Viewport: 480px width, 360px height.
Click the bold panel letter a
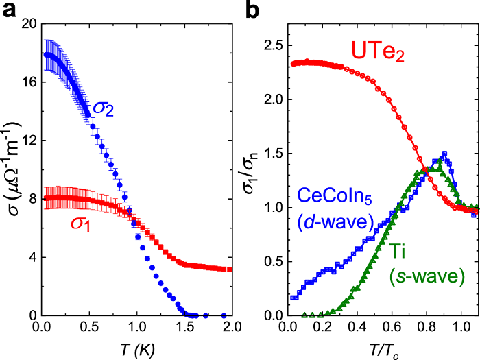pos(8,10)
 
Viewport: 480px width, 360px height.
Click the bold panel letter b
pos(252,10)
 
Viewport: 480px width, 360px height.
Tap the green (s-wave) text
pos(429,276)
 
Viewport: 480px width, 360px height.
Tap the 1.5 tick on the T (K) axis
pos(184,330)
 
